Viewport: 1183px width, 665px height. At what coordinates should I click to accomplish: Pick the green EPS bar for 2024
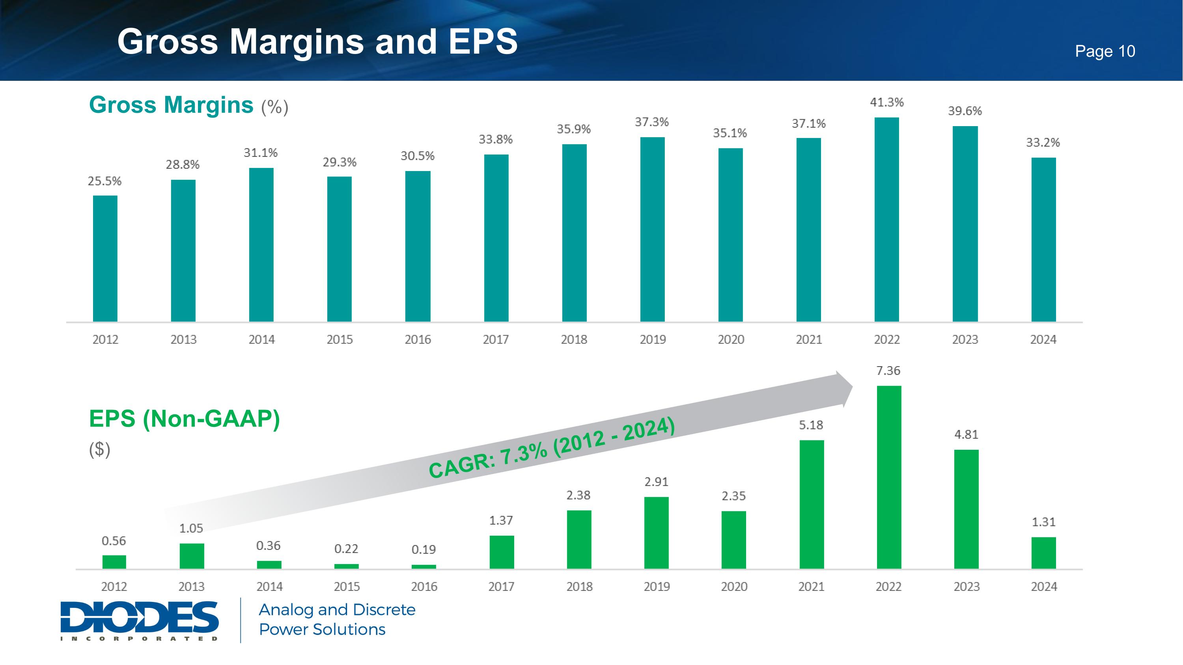[1043, 553]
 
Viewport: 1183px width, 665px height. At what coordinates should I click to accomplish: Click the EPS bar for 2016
[424, 567]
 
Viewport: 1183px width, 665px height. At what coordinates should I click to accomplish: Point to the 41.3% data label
[887, 102]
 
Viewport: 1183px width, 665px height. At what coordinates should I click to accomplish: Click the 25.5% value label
[105, 181]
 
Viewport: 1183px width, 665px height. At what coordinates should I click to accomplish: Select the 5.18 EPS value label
[811, 425]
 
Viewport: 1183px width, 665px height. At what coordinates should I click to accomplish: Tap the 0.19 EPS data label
[424, 550]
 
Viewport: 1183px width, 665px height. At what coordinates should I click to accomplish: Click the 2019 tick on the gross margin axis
[653, 340]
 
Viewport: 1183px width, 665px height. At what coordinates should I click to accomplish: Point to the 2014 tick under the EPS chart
[269, 587]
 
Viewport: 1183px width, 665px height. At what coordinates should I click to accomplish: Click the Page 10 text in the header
[1105, 51]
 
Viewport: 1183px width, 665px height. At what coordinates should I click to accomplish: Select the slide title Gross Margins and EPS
[317, 41]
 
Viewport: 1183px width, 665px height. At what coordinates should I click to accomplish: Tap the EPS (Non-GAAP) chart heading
[184, 419]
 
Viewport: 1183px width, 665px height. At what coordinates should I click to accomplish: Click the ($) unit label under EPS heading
[100, 449]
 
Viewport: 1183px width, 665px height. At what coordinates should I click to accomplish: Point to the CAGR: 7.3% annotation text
[551, 447]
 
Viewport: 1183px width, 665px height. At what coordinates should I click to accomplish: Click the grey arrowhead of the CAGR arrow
[843, 389]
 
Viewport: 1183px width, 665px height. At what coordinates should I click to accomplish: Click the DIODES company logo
[139, 620]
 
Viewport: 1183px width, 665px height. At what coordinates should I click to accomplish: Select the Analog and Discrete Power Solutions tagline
[337, 619]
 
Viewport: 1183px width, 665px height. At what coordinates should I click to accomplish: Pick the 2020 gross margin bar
[730, 235]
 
